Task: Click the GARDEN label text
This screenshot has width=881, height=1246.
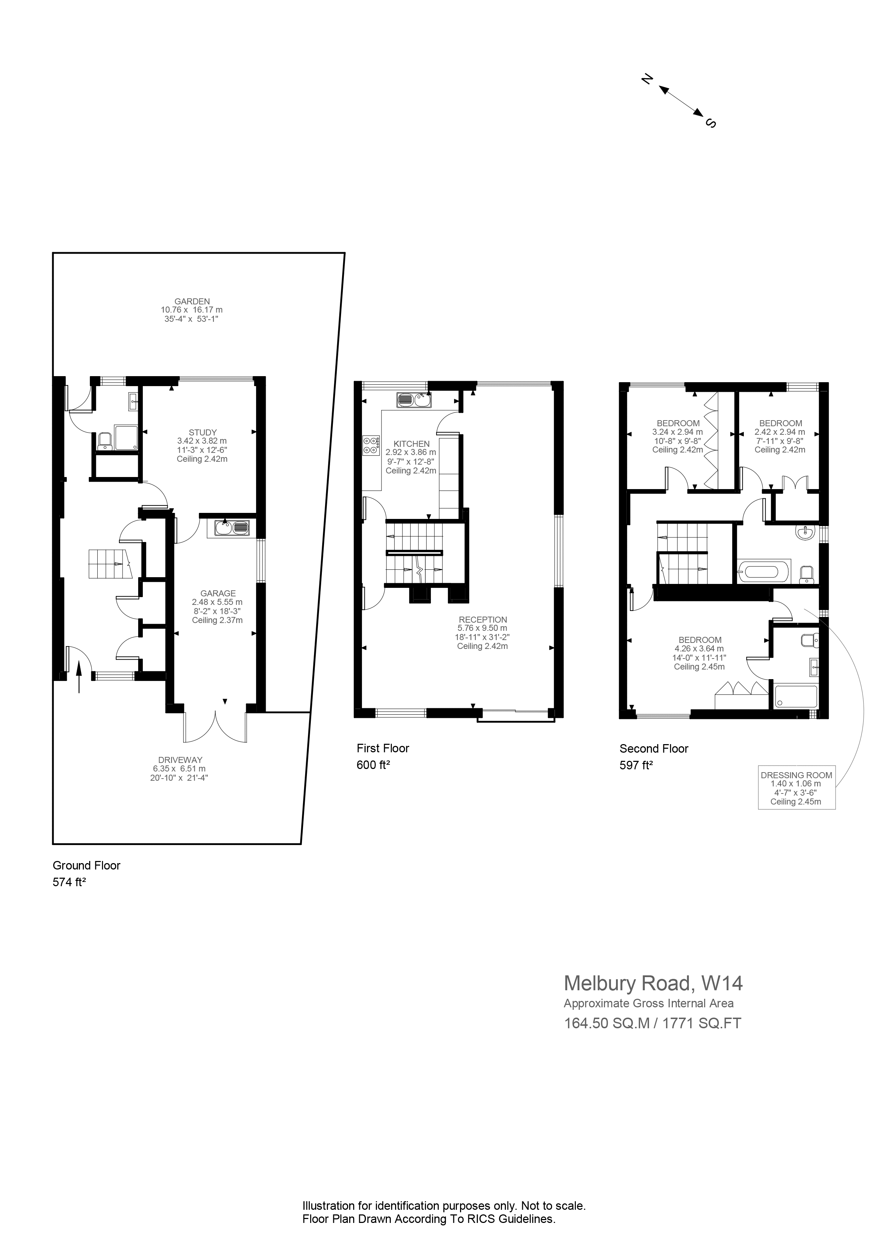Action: click(x=191, y=301)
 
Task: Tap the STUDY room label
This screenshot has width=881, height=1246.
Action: click(x=202, y=433)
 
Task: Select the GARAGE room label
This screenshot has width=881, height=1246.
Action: click(x=218, y=593)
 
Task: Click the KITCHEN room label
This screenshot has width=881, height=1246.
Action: click(x=411, y=443)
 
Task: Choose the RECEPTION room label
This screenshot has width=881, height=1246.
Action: click(x=482, y=619)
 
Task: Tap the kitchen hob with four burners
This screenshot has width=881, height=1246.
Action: click(x=371, y=445)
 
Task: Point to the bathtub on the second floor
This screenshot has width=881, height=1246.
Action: click(x=763, y=571)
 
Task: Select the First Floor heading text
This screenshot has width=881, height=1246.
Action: click(x=383, y=748)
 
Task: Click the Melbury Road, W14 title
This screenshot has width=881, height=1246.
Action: click(x=653, y=983)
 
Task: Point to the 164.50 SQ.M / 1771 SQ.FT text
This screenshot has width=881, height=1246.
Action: click(x=653, y=1023)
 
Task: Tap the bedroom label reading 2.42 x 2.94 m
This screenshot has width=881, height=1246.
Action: click(x=780, y=423)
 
